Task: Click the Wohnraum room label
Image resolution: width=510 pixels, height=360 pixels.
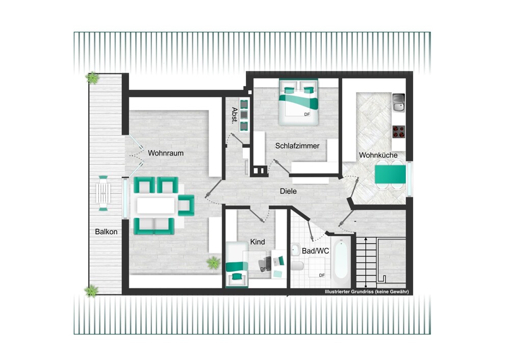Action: (x=166, y=153)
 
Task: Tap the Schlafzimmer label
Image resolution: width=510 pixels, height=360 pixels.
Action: (x=297, y=146)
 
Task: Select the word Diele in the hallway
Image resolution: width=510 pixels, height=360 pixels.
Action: (x=288, y=191)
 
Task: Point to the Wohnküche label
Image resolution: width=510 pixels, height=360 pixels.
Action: (x=378, y=155)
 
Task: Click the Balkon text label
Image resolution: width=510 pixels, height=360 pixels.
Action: (x=106, y=232)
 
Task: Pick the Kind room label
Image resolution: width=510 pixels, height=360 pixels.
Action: (x=257, y=242)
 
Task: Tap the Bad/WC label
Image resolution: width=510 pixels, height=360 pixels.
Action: (x=315, y=251)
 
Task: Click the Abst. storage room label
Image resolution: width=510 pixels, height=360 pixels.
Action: (x=234, y=115)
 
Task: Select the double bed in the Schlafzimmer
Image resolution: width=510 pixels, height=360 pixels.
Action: (x=298, y=102)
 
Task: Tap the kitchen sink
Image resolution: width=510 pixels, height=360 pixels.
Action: (x=398, y=103)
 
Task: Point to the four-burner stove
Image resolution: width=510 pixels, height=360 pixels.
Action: (x=398, y=132)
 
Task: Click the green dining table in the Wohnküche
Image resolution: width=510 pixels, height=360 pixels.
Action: (x=390, y=174)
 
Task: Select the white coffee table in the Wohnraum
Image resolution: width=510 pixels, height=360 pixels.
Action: (x=156, y=205)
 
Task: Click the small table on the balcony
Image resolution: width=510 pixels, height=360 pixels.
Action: (x=103, y=193)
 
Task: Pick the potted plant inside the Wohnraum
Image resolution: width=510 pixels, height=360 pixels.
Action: (x=213, y=263)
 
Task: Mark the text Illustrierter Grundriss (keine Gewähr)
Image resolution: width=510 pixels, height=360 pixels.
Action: (x=367, y=292)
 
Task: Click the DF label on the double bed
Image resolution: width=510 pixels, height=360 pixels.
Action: (x=307, y=114)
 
